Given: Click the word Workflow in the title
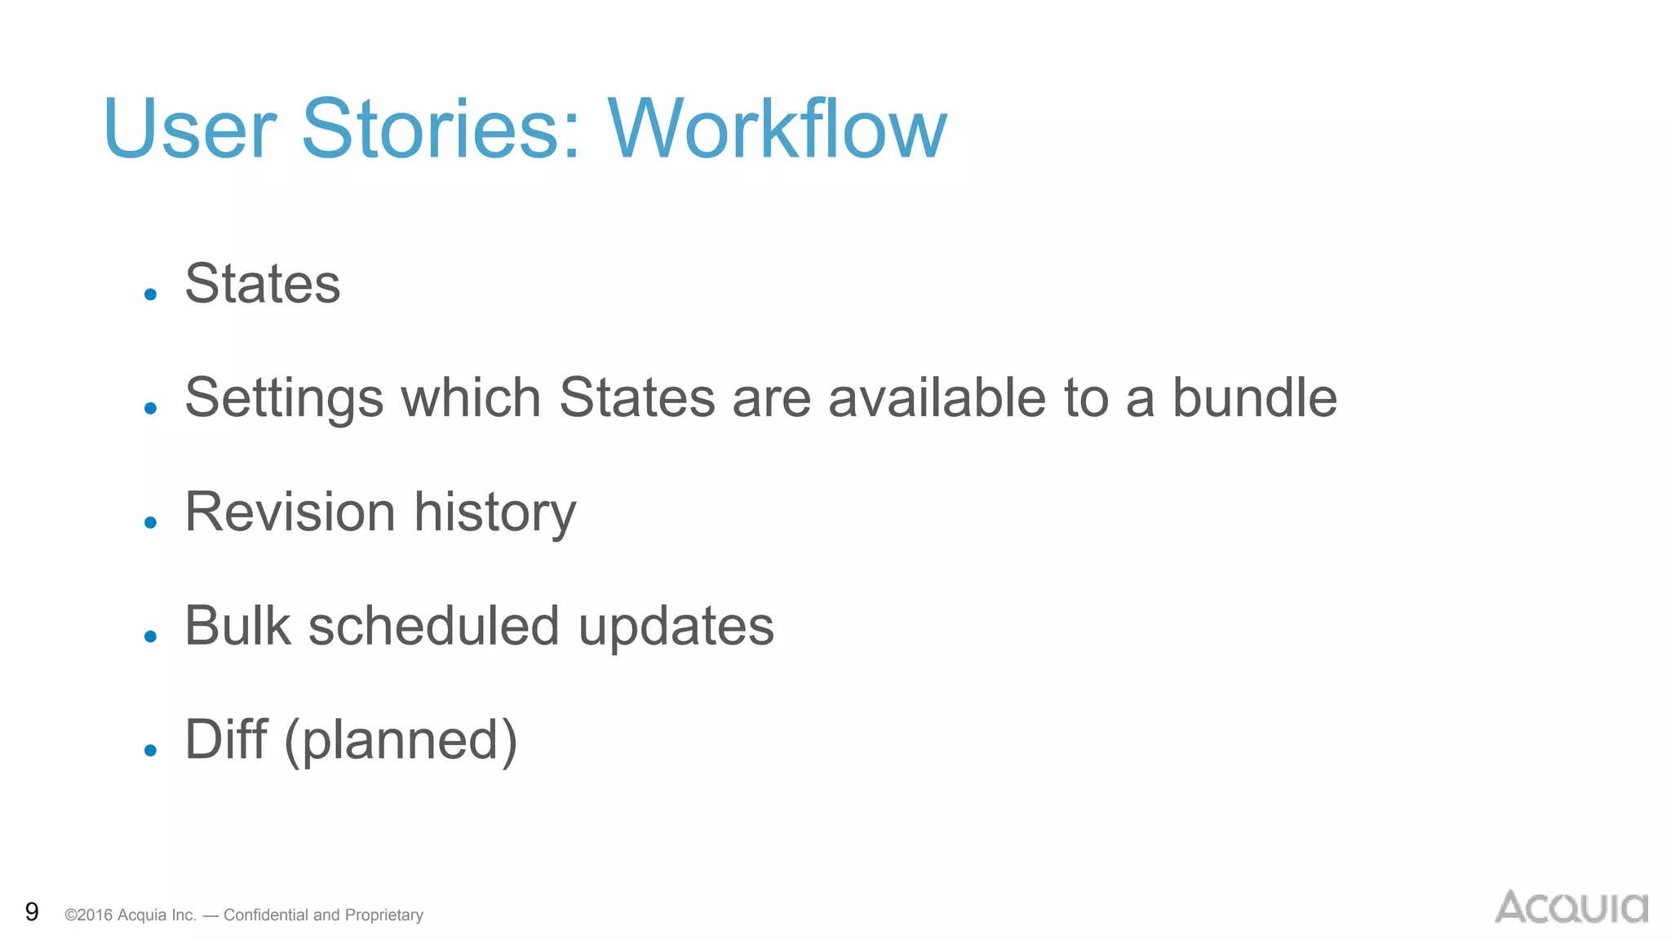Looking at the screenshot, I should tap(777, 129).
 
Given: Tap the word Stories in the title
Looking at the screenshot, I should tap(441, 129).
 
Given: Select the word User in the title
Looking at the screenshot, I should tap(189, 129).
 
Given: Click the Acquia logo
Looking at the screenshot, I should tap(1571, 907).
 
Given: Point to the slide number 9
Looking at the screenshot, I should tap(32, 911).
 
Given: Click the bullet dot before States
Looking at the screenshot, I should tap(150, 295).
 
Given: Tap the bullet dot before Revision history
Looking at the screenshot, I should tap(150, 522).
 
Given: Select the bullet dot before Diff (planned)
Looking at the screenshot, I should tap(150, 750).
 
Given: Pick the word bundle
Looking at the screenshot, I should tap(1255, 398).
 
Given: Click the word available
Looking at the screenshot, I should tap(937, 398).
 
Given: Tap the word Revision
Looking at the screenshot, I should tap(290, 512).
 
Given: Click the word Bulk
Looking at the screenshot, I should tap(237, 626).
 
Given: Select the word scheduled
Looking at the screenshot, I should tap(434, 626).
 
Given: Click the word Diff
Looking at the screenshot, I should tap(226, 739).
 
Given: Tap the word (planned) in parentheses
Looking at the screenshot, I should tap(401, 741).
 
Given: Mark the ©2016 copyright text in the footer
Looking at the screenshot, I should tap(90, 915).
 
